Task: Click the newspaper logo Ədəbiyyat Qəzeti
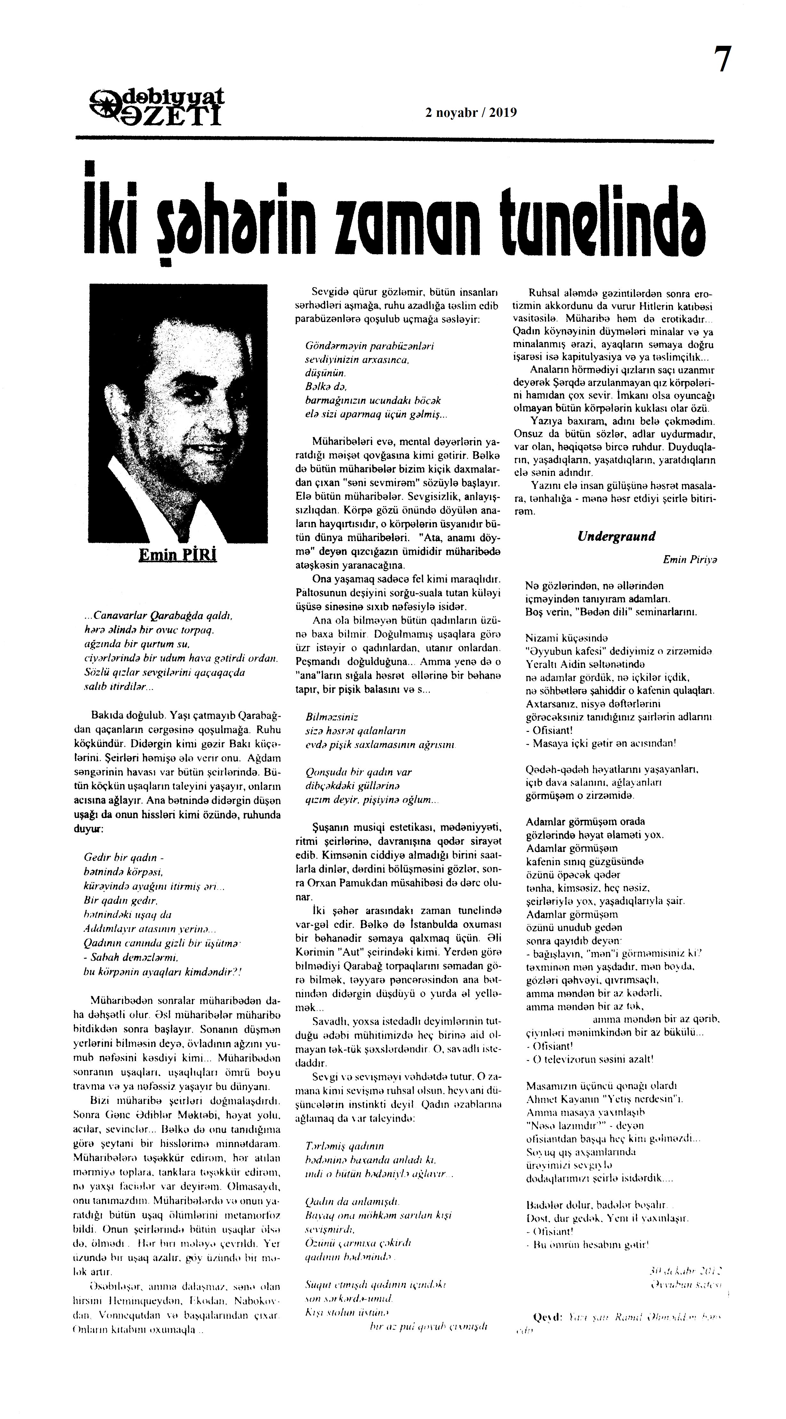tap(157, 108)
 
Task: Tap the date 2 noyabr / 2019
tap(471, 113)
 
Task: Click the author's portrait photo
tap(178, 413)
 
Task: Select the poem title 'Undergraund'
tap(616, 536)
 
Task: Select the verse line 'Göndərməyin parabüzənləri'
tap(370, 346)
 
